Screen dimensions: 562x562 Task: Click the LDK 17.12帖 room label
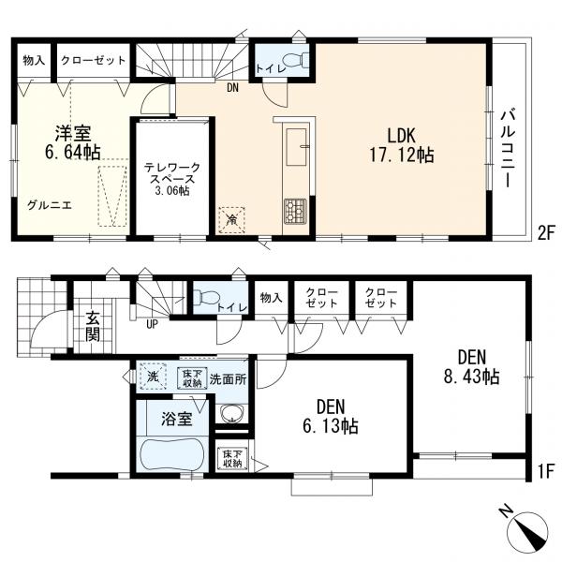tap(402, 145)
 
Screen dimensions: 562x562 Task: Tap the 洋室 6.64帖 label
tap(72, 142)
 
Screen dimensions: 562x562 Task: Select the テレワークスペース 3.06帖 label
tap(172, 179)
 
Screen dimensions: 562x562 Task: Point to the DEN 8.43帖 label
tap(471, 366)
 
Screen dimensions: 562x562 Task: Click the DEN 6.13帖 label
tap(331, 416)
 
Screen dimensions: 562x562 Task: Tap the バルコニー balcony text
tap(508, 149)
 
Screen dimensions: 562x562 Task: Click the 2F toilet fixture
tap(297, 60)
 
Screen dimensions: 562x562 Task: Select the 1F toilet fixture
tap(206, 296)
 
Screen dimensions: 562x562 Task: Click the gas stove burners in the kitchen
tap(295, 212)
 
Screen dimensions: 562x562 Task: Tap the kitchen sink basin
tap(296, 147)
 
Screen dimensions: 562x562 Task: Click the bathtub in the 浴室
tap(172, 455)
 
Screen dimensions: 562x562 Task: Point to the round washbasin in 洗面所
tap(232, 414)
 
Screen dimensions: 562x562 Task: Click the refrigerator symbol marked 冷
tap(232, 220)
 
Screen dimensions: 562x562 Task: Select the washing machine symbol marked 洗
tap(154, 376)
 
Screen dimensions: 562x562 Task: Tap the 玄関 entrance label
tap(93, 327)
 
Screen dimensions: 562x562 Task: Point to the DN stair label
tap(232, 87)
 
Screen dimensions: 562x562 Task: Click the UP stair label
tap(152, 325)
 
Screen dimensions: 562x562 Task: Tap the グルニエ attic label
tap(50, 205)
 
